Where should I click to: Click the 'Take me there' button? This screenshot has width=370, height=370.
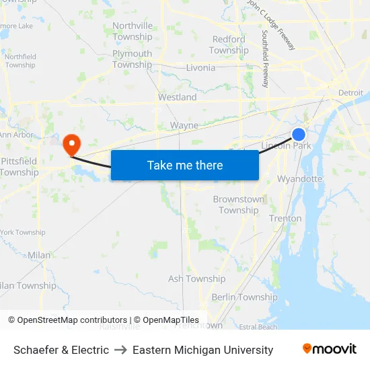point(184,165)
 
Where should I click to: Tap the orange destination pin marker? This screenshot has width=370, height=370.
point(71,143)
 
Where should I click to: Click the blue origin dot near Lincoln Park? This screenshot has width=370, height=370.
point(299,135)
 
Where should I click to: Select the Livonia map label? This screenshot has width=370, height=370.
point(200,67)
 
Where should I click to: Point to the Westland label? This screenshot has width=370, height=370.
point(177,97)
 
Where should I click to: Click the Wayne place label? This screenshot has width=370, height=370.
point(184,125)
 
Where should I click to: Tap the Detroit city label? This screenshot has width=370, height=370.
point(350,92)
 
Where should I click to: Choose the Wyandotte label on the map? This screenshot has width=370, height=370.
point(299,179)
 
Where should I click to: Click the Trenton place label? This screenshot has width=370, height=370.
point(285,218)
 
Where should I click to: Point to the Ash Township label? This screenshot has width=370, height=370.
point(196,279)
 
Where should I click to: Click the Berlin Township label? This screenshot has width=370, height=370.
point(244,297)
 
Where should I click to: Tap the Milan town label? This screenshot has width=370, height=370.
point(39,255)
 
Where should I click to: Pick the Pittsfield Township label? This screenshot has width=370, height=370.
point(19,167)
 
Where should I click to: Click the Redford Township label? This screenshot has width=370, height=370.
point(229,45)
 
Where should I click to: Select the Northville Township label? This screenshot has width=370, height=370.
point(133,32)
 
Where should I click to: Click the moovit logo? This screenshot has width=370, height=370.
point(329,349)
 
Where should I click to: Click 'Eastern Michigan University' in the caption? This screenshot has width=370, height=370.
point(202,350)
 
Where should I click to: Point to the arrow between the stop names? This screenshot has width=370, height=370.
point(120,350)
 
